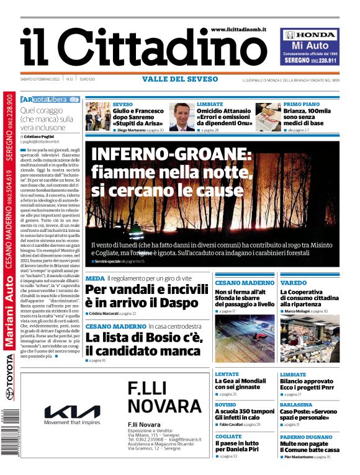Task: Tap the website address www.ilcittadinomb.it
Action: tap(238, 29)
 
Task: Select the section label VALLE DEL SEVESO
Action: tap(180, 79)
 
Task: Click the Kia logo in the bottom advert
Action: tap(72, 412)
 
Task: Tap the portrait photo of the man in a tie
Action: tap(182, 117)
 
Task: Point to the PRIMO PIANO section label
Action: tap(302, 104)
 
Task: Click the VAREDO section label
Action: tap(293, 282)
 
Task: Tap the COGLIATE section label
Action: tap(228, 436)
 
